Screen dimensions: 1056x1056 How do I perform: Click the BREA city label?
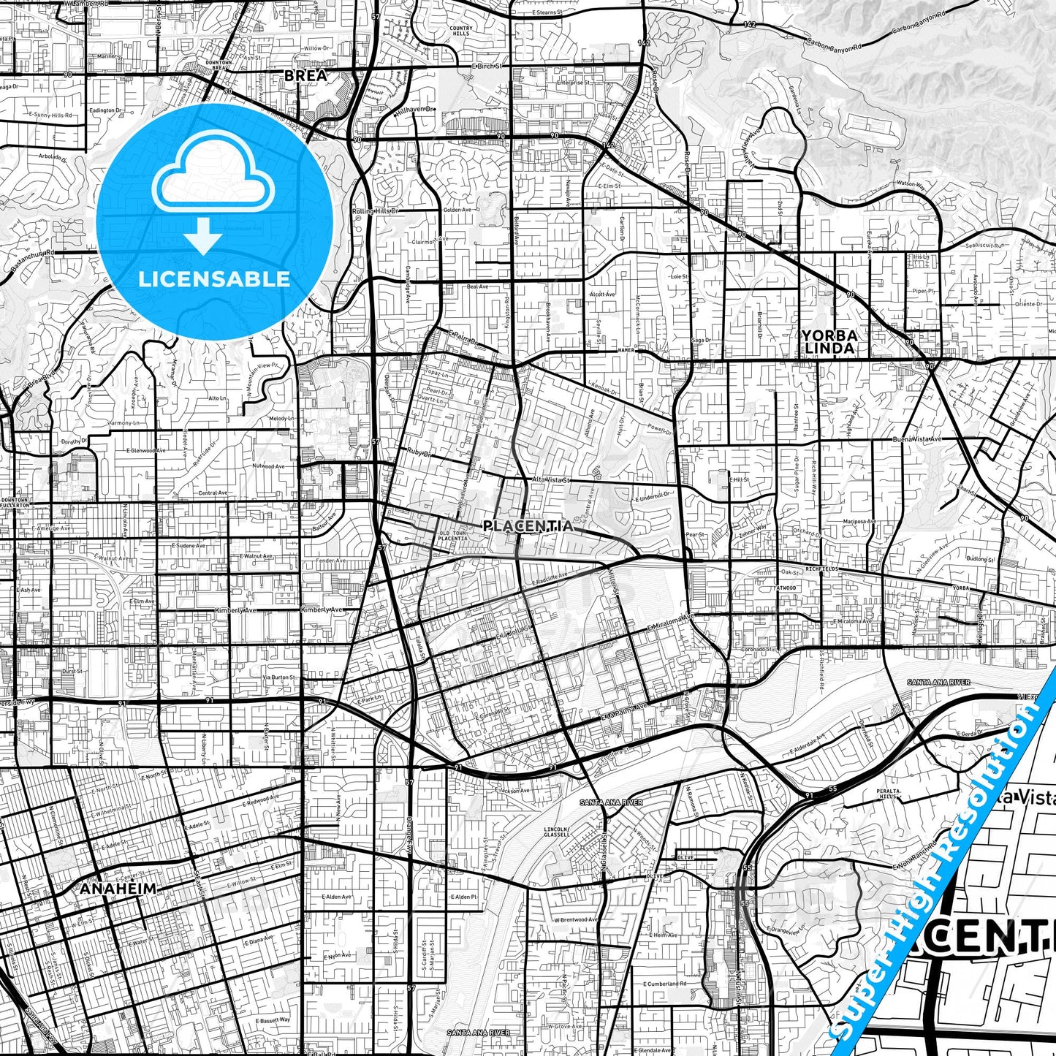coord(305,75)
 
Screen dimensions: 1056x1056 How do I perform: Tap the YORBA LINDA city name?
coord(829,342)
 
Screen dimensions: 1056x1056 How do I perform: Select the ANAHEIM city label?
coord(118,889)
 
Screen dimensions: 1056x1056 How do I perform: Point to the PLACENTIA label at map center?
coord(528,525)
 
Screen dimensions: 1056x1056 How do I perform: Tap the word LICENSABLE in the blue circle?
coord(214,278)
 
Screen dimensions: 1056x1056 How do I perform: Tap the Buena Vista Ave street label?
coord(917,439)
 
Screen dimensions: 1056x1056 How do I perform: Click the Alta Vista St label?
coord(550,479)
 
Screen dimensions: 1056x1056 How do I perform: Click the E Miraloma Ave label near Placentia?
coord(671,623)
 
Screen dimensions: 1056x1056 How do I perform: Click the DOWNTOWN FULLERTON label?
coord(15,501)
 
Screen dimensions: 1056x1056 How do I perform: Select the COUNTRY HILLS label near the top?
coord(461,31)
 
